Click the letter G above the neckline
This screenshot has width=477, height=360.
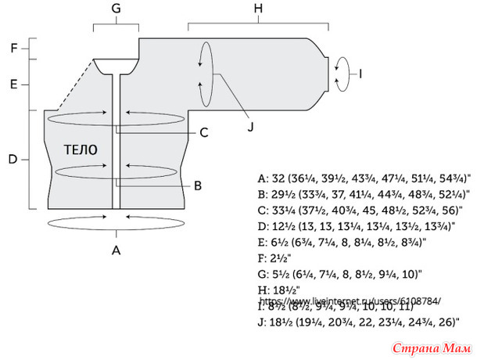click(116, 8)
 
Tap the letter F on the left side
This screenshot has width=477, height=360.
click(13, 48)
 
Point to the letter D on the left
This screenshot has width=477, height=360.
click(13, 160)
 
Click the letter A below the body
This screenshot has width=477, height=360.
click(117, 250)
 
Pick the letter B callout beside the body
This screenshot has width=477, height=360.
click(198, 185)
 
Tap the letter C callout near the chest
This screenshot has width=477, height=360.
click(203, 132)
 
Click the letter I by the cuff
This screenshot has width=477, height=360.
click(360, 74)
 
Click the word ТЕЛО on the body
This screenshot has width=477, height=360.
click(80, 149)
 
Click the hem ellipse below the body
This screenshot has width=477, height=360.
click(116, 223)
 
